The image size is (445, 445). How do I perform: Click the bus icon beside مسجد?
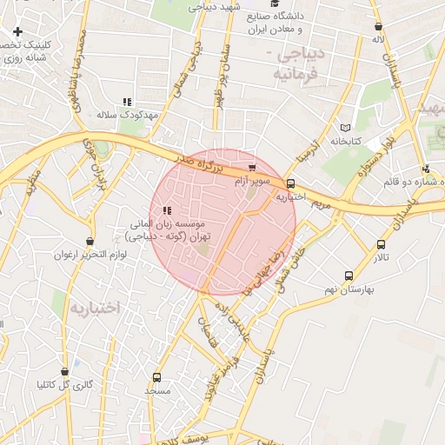[156, 378]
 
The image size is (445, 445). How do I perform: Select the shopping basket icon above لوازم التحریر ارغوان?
[90, 241]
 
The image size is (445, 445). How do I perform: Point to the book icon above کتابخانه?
[346, 127]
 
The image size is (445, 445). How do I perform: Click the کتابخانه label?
[345, 141]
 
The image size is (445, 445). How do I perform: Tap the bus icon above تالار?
[381, 244]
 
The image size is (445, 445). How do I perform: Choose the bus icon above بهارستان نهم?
[349, 276]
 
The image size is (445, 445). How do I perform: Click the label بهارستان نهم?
[351, 289]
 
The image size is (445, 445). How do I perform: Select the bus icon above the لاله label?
[377, 26]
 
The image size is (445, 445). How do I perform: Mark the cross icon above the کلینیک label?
[17, 31]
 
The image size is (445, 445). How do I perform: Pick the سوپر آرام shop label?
[252, 182]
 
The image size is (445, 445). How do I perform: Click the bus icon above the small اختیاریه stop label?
[290, 183]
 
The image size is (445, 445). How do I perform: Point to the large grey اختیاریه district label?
[95, 309]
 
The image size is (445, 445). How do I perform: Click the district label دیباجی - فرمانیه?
[298, 64]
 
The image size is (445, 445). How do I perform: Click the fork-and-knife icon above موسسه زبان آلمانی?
[167, 210]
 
